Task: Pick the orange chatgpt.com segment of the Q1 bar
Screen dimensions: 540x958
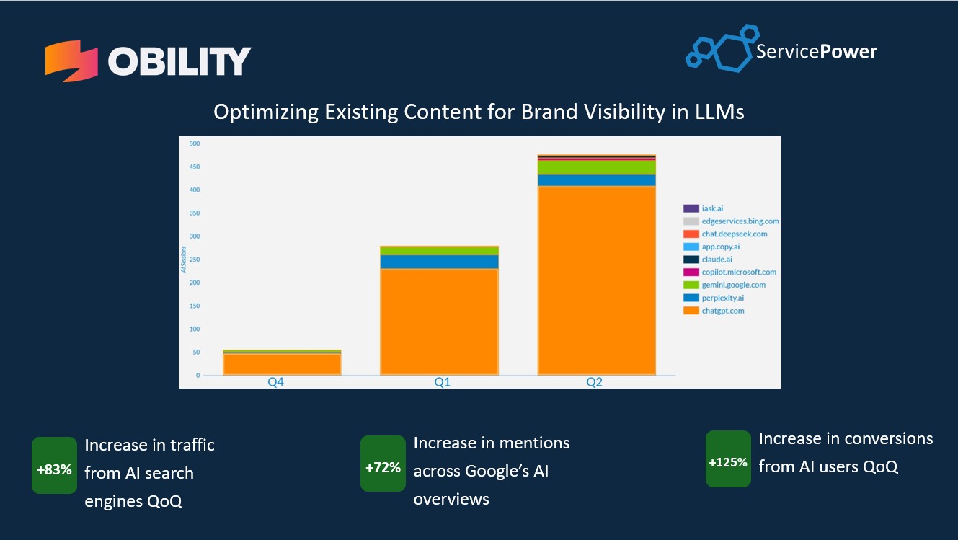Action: pyautogui.click(x=439, y=321)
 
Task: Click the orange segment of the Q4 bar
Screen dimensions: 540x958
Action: pyautogui.click(x=282, y=364)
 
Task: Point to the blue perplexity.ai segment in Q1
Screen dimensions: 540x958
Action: pyautogui.click(x=439, y=262)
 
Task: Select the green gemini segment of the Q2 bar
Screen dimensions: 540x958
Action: pyautogui.click(x=596, y=167)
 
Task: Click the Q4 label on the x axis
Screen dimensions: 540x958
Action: pyautogui.click(x=276, y=382)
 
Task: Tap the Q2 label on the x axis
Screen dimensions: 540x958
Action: pyautogui.click(x=594, y=382)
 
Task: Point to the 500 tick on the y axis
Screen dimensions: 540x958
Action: pyautogui.click(x=195, y=143)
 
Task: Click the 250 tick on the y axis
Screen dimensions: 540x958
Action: pyautogui.click(x=195, y=260)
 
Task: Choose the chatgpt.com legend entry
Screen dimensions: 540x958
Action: pyautogui.click(x=723, y=311)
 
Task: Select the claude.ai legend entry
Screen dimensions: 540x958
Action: pyautogui.click(x=717, y=260)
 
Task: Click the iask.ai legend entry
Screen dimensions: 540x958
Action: pyautogui.click(x=713, y=208)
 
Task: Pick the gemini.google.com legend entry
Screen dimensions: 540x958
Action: pyautogui.click(x=733, y=285)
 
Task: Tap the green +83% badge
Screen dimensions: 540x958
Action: pyautogui.click(x=54, y=469)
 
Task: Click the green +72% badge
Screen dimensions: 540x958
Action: pyautogui.click(x=383, y=467)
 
